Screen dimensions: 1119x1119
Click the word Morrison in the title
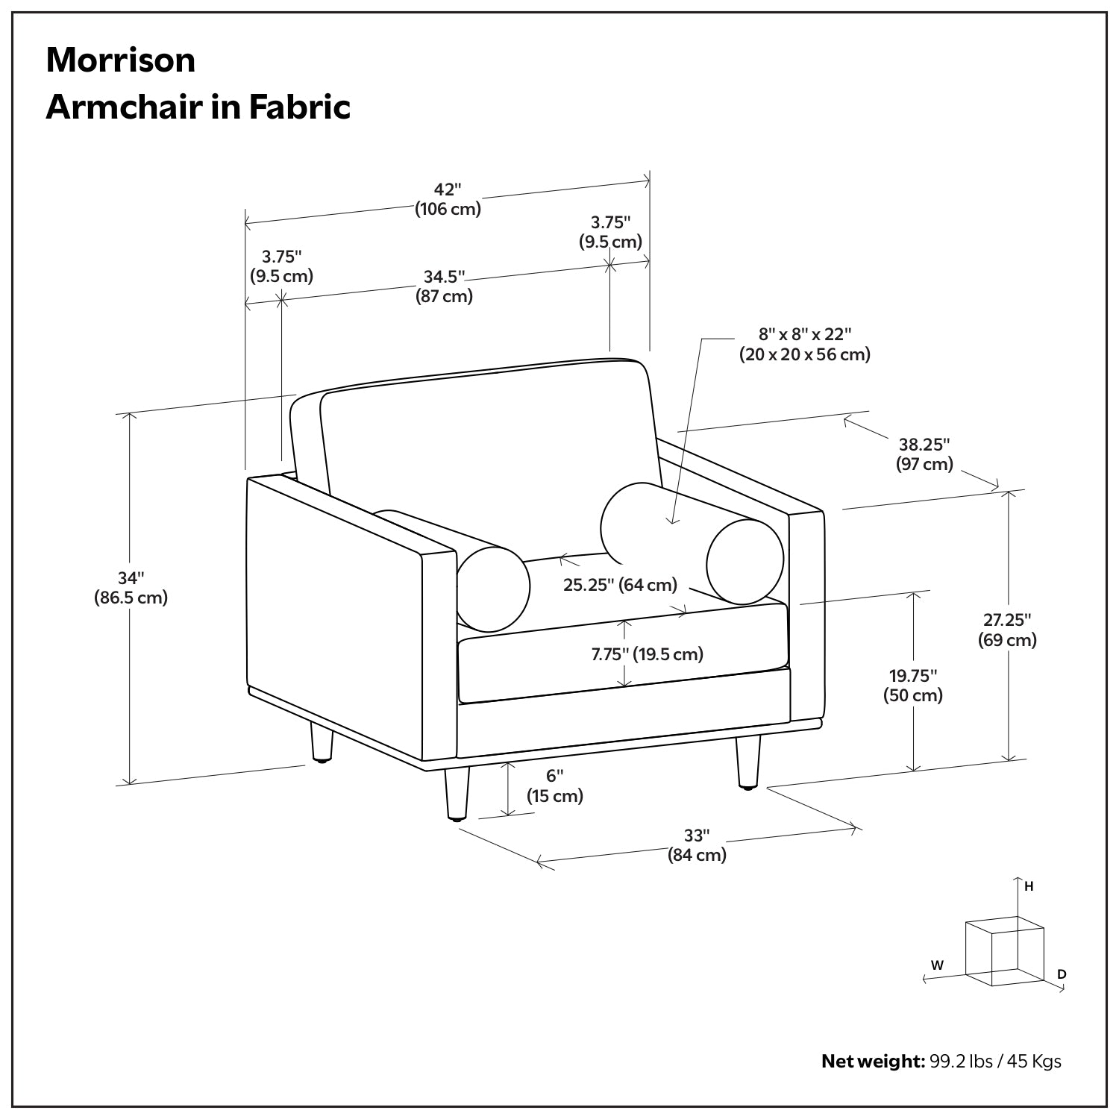[121, 60]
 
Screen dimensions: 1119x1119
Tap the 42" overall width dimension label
[448, 199]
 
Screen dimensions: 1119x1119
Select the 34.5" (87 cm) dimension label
[445, 286]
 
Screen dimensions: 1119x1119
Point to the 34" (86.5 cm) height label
[131, 587]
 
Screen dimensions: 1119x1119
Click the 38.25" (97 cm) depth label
[924, 454]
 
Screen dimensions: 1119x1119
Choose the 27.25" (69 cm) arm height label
[1007, 630]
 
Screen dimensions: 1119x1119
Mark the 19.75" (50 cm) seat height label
[913, 686]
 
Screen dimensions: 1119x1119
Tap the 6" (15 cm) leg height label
[555, 786]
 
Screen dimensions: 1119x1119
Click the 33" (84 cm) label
[697, 845]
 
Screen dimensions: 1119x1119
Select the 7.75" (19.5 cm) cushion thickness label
[648, 654]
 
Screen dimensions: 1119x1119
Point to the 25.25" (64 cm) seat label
[620, 584]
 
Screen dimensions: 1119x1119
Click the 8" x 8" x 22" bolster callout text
[805, 344]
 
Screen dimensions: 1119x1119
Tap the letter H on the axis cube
[1029, 886]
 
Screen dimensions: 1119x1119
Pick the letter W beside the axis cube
[938, 965]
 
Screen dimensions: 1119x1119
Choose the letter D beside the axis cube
[1062, 974]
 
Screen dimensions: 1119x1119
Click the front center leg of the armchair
[457, 794]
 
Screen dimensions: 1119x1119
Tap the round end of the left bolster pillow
[493, 588]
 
